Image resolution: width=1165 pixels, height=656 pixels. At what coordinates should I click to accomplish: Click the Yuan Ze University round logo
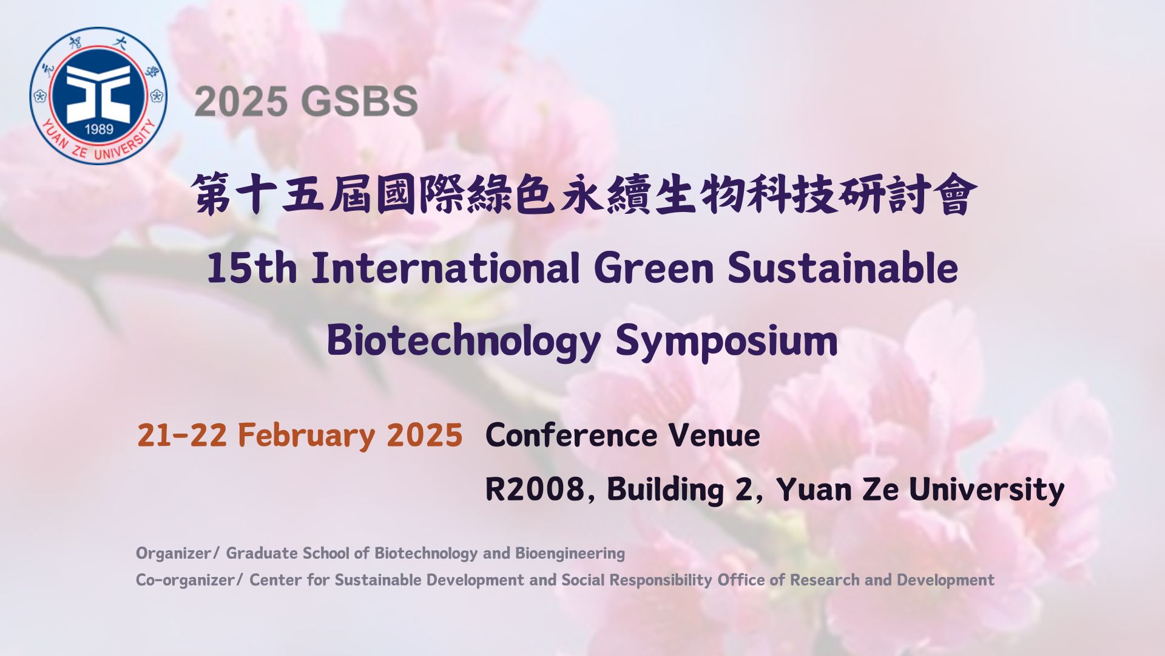point(98,95)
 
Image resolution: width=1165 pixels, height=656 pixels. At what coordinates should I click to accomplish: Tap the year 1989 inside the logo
point(99,129)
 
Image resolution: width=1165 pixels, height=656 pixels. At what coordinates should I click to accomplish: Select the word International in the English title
point(445,268)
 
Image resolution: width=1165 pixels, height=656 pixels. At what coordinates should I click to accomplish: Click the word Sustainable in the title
point(843,268)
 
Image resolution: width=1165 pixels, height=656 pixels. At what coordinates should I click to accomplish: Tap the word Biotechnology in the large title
point(464,341)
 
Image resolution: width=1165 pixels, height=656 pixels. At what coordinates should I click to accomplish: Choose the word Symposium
point(726,341)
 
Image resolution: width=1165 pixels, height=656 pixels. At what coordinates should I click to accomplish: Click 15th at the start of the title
point(252,268)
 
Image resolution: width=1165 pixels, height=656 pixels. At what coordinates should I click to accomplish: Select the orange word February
point(306,436)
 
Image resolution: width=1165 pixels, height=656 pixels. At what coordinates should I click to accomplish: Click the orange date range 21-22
point(182,436)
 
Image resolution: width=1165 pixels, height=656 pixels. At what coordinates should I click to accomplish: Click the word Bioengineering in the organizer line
point(570,553)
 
